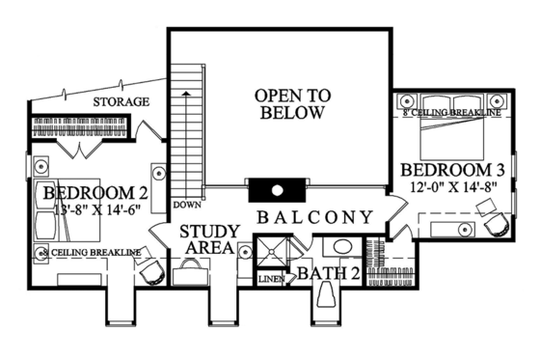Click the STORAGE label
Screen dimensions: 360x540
(121, 101)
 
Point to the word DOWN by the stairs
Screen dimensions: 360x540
(185, 206)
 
